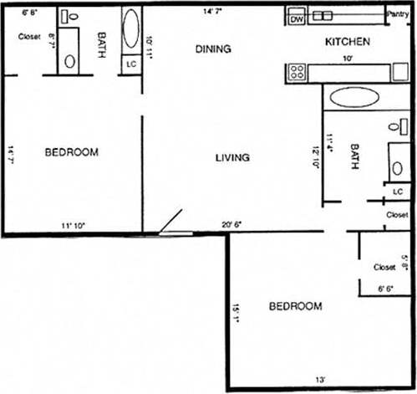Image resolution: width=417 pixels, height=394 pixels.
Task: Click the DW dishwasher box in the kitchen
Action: tap(296, 18)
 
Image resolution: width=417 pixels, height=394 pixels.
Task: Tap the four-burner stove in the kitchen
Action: tap(296, 72)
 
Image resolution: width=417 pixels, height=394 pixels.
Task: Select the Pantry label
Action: tap(397, 14)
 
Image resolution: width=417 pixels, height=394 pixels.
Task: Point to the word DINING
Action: tap(213, 49)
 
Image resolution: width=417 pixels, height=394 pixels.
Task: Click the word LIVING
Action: tap(233, 157)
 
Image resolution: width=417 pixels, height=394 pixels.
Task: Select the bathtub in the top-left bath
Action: tap(131, 31)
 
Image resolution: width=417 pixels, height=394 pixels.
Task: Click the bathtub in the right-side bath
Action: tap(353, 97)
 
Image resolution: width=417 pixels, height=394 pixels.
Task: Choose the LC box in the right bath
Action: tap(398, 192)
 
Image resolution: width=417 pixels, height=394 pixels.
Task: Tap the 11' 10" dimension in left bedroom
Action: tap(73, 225)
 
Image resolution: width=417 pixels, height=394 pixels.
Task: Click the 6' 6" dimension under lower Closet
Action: tap(384, 289)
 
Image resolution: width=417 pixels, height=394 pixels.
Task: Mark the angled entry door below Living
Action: tap(172, 220)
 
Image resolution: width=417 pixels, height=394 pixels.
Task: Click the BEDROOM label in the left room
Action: tap(71, 152)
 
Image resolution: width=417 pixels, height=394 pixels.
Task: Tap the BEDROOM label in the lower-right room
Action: tap(295, 307)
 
